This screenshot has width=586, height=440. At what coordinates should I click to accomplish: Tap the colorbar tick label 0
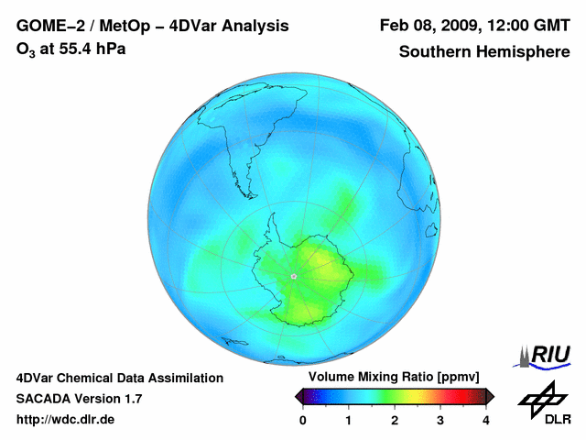[303, 420]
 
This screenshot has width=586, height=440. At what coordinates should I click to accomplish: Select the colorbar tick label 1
[349, 420]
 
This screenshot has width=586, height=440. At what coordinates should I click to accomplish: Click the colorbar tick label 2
[395, 420]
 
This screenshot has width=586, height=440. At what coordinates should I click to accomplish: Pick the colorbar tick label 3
[440, 420]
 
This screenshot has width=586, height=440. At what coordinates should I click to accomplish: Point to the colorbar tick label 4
[486, 420]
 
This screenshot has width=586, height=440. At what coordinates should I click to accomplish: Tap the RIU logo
[548, 354]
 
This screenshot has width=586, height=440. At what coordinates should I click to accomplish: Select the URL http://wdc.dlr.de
[66, 420]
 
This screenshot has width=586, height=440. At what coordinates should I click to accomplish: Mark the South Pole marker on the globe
[293, 275]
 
